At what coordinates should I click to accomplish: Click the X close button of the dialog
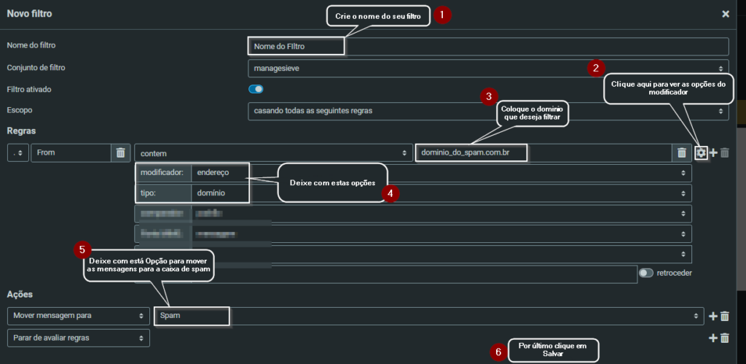tap(725, 14)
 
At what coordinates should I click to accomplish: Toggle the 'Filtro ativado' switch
tap(256, 89)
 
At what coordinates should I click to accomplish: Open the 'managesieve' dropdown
tap(488, 68)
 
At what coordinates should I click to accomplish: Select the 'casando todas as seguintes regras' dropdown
tap(488, 112)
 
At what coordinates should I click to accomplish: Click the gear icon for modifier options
tap(701, 152)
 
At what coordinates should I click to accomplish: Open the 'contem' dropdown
tap(272, 152)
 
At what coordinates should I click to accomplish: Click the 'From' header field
tap(70, 152)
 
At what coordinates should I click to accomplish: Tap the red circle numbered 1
tap(442, 14)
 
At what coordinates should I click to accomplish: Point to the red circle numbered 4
tap(391, 194)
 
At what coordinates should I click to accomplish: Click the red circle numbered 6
tap(498, 352)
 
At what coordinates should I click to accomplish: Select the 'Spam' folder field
tap(192, 316)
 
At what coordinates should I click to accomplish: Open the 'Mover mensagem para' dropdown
tap(78, 316)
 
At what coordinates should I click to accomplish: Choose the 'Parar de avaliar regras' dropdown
tap(78, 338)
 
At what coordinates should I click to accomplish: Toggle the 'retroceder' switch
tap(645, 273)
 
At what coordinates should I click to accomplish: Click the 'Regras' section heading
tap(21, 131)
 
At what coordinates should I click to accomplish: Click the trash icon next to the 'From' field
tap(120, 152)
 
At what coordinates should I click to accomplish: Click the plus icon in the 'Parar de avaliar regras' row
tap(713, 338)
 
